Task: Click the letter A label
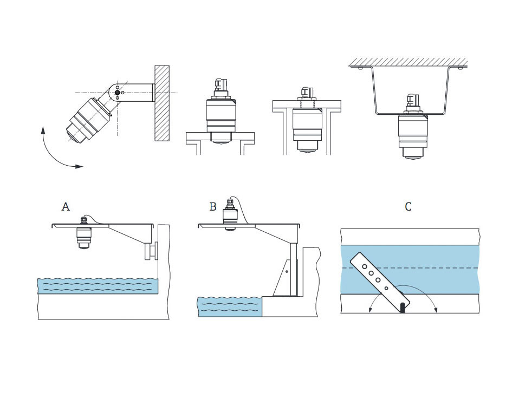[66, 207]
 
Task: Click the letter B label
[213, 207]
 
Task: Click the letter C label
[408, 207]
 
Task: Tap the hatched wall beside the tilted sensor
[162, 103]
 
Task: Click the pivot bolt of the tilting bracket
[118, 93]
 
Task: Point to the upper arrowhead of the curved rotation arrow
[43, 130]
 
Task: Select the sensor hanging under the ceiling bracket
[412, 127]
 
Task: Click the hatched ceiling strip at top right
[408, 62]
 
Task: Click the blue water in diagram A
[98, 286]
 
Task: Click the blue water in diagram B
[230, 307]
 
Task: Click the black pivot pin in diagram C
[403, 308]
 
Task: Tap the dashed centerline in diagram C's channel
[410, 267]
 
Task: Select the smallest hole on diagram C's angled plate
[386, 288]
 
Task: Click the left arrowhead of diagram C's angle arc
[369, 309]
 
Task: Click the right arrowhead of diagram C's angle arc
[436, 309]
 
